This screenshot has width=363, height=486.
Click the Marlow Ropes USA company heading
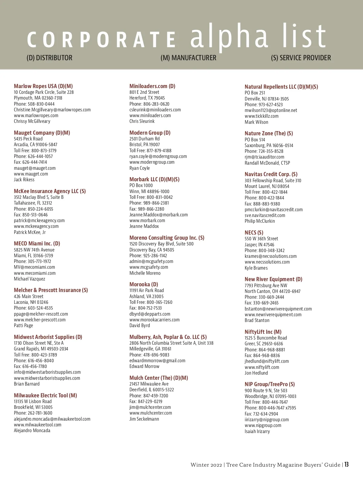(43, 86)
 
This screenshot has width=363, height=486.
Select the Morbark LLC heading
(154, 179)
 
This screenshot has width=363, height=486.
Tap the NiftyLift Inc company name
(263, 332)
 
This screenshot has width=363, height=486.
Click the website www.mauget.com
(31, 174)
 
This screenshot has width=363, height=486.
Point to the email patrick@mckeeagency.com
(39, 221)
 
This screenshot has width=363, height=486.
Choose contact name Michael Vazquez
(29, 279)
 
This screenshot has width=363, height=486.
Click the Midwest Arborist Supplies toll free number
(35, 355)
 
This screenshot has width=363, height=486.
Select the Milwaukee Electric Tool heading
(45, 396)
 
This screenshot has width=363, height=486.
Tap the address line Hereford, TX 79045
(147, 98)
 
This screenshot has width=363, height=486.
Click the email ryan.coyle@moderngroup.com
(158, 156)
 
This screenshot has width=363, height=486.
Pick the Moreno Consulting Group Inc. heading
(167, 238)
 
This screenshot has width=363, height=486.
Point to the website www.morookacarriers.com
(154, 320)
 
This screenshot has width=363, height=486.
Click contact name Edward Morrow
(144, 366)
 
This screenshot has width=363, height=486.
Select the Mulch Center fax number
(146, 402)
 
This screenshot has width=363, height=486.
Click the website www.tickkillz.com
(261, 116)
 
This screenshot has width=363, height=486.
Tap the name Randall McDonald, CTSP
(267, 163)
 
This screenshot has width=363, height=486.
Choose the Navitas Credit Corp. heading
(271, 174)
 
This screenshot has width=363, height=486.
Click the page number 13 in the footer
(346, 465)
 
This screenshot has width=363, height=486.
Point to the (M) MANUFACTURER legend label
(188, 58)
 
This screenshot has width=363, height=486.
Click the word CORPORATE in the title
(101, 40)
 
